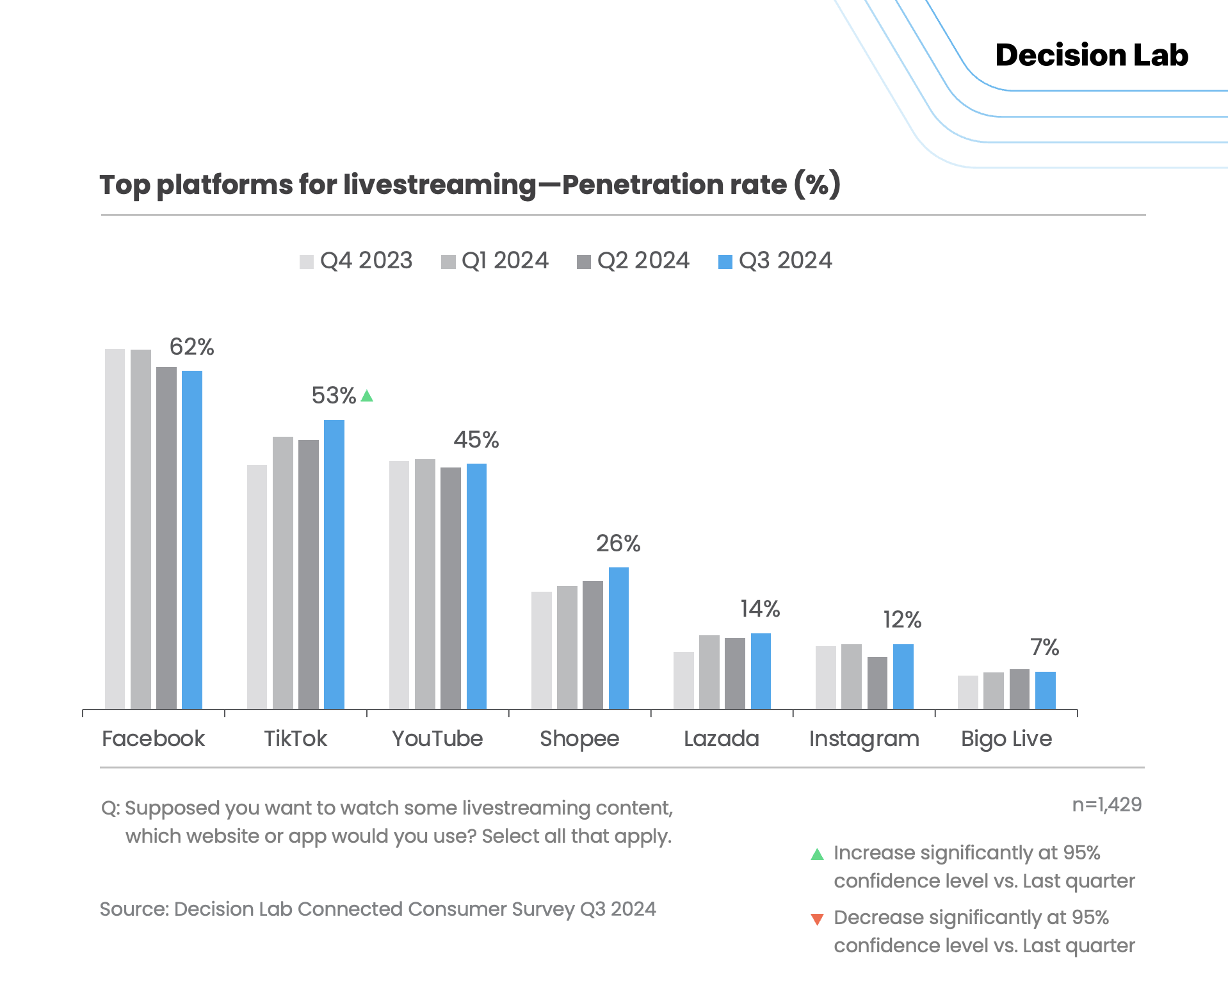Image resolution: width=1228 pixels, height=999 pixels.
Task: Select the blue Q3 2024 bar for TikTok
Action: click(x=334, y=564)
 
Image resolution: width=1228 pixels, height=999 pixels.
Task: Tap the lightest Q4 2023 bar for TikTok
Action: click(x=257, y=587)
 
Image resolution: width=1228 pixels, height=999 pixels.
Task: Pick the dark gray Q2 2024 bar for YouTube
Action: click(x=451, y=588)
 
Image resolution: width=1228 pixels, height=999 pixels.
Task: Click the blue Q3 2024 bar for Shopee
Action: click(x=618, y=638)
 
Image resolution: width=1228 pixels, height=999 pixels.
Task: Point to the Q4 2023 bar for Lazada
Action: click(x=684, y=680)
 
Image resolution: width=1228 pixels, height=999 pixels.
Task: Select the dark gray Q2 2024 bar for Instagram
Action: click(x=877, y=683)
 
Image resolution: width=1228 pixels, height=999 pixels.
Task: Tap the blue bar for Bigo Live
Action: click(x=1045, y=690)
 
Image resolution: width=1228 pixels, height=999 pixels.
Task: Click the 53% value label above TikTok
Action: click(x=334, y=396)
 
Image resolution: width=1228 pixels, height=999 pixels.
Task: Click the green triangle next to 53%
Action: click(x=367, y=396)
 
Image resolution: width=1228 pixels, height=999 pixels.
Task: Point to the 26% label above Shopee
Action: click(x=618, y=544)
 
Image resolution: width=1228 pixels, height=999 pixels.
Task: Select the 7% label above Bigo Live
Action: click(x=1044, y=647)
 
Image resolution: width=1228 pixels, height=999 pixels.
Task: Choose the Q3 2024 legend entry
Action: click(x=775, y=261)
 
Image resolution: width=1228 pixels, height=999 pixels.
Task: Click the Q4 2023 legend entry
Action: click(x=356, y=261)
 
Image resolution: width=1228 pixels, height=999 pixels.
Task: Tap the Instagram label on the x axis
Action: click(x=864, y=739)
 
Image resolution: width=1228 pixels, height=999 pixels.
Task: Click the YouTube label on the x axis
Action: click(x=437, y=739)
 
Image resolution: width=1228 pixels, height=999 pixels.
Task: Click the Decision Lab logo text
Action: click(x=1092, y=55)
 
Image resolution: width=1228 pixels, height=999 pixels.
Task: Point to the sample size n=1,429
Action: click(x=1106, y=805)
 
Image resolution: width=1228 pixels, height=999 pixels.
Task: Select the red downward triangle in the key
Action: click(x=817, y=920)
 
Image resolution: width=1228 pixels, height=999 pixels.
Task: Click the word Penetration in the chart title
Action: click(x=674, y=184)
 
